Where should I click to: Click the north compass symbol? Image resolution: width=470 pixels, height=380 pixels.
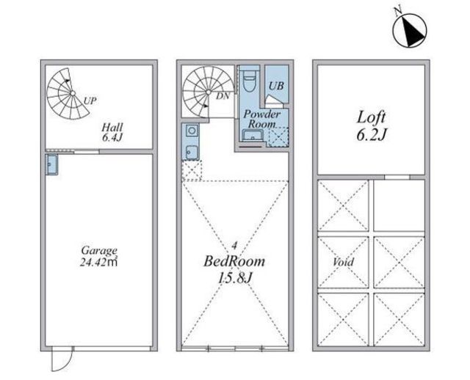tap(410, 30)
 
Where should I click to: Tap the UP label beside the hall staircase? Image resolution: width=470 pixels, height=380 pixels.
tap(90, 101)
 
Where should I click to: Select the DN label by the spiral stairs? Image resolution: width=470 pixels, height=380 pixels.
tap(223, 96)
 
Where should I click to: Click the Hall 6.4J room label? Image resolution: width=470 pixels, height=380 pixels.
tap(112, 132)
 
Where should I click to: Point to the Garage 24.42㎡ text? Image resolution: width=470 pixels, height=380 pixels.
tap(98, 257)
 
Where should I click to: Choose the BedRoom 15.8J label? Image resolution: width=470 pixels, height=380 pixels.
tap(234, 269)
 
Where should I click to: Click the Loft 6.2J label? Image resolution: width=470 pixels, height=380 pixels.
tap(371, 126)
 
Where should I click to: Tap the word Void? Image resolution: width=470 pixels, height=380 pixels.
tap(343, 263)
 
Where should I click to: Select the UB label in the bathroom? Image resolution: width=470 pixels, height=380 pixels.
tap(276, 87)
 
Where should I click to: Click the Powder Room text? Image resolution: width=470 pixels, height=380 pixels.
tap(261, 119)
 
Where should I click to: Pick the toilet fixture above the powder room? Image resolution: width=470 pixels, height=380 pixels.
tap(248, 80)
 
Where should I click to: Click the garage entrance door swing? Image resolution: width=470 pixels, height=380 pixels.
tap(62, 359)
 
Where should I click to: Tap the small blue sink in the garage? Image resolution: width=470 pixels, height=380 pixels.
tap(51, 164)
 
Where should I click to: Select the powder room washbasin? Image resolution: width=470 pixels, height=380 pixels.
tap(253, 136)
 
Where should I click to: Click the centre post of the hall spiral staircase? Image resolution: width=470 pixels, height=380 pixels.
tap(73, 93)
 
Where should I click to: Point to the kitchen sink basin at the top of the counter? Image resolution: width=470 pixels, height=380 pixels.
tap(192, 131)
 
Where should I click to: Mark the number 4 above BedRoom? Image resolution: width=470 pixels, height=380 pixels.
tap(234, 246)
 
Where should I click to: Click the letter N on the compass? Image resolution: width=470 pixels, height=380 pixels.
tap(398, 11)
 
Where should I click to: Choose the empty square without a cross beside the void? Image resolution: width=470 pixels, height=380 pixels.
tap(399, 205)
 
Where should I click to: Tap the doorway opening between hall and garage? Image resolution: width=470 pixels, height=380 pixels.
tap(87, 152)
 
